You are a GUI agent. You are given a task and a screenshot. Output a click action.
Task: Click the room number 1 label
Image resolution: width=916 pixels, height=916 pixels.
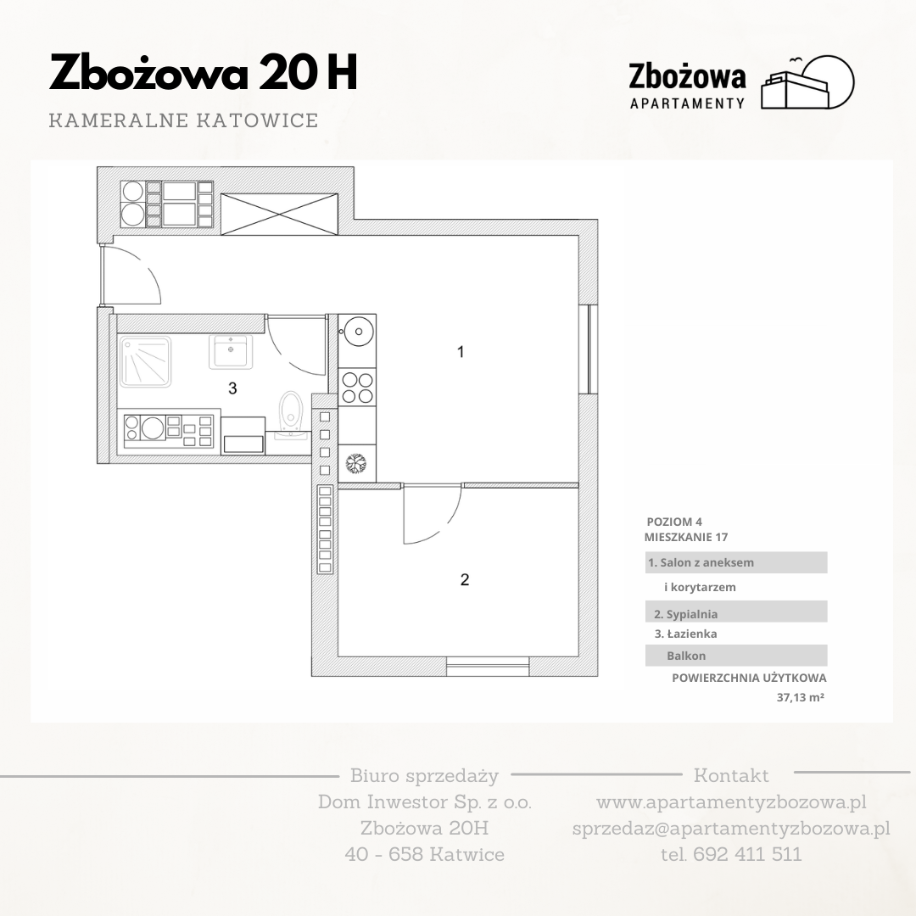[461, 352]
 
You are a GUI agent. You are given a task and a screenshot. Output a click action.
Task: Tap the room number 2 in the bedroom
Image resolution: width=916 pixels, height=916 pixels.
[465, 579]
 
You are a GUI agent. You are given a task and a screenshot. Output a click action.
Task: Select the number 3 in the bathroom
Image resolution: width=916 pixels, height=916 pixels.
[232, 388]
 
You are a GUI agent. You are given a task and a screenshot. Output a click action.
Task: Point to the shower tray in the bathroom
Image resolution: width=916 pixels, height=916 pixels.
[145, 361]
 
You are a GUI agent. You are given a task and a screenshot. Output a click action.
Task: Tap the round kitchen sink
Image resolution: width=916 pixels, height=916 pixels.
[358, 332]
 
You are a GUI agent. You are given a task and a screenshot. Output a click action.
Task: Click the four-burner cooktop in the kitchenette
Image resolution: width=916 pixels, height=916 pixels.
[357, 388]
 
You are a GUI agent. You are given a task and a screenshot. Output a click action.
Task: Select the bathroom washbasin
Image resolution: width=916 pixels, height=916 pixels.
[231, 352]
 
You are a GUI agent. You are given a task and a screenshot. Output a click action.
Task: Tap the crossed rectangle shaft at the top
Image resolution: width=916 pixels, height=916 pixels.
[279, 215]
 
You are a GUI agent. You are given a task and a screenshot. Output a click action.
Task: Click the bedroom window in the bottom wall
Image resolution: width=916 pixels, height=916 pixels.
[488, 667]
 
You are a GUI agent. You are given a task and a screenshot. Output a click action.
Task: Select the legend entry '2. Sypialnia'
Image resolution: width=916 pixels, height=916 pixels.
[685, 614]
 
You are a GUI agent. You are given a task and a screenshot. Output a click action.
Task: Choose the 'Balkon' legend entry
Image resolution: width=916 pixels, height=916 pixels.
[686, 656]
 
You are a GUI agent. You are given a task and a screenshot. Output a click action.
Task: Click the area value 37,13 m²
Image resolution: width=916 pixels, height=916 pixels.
[800, 697]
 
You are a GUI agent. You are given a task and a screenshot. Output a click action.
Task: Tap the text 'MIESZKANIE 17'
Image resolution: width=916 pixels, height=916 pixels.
[686, 537]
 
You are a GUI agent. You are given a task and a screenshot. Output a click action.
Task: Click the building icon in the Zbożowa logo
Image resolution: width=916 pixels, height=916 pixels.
[807, 82]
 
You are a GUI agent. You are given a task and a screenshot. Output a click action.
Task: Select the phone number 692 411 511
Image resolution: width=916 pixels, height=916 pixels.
[746, 854]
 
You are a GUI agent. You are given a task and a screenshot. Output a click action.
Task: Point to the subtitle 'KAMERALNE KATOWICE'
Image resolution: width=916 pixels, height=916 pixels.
[183, 120]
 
